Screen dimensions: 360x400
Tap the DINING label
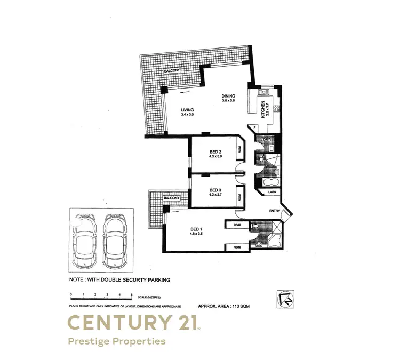coord(228,97)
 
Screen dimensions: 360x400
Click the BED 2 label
coord(215,152)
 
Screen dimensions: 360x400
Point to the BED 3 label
coord(215,190)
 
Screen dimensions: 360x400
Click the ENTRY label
coord(275,211)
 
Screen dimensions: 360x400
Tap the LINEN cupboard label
coord(271,191)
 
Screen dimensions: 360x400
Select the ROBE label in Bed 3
coord(240,196)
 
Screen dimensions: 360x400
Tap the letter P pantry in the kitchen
coord(254,128)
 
